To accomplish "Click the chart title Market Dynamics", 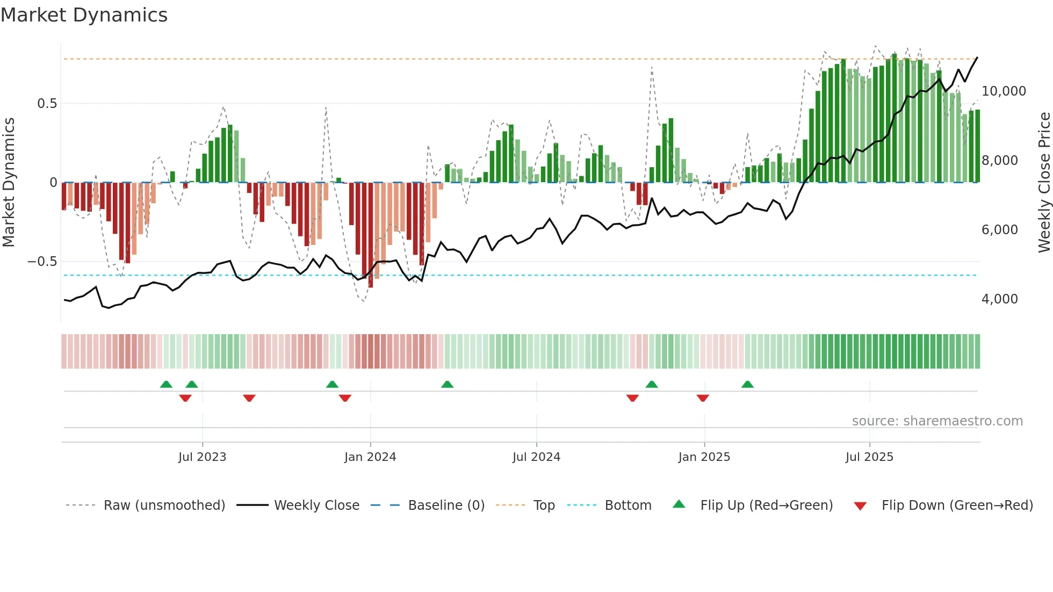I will [84, 15].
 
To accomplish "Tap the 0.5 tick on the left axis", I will [47, 104].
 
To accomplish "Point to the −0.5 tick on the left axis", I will [42, 262].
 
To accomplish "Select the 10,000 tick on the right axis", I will [1004, 91].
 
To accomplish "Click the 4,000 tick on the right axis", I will [999, 299].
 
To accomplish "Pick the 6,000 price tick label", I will [999, 230].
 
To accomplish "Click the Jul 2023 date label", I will [202, 457].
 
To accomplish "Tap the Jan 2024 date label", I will [370, 457].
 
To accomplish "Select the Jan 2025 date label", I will [704, 457].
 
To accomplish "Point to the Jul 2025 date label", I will [869, 457].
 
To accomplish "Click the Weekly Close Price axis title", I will [1044, 182].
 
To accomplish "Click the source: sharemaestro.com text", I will [937, 421].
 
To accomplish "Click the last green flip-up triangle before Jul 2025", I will [747, 384].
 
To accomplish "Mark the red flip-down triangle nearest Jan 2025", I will [703, 398].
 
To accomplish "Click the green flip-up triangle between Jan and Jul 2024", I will [447, 384].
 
